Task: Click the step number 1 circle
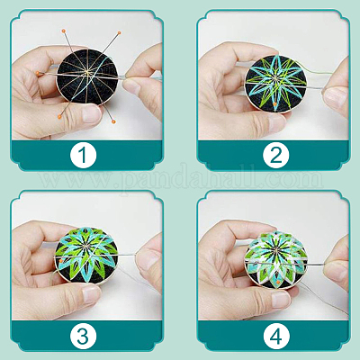[84, 156]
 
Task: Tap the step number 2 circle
[276, 156]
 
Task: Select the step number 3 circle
[84, 336]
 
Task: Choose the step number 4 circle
[276, 336]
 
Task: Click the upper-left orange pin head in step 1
[63, 31]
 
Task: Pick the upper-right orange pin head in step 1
[119, 32]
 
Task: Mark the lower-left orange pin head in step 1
[59, 115]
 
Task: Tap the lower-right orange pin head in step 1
[113, 121]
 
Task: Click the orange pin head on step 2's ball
[275, 103]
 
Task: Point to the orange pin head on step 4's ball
[278, 283]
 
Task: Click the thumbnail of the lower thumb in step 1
[91, 114]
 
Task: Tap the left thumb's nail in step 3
[91, 294]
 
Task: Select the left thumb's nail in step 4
[281, 295]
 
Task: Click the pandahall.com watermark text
[181, 179]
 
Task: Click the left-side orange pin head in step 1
[37, 73]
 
